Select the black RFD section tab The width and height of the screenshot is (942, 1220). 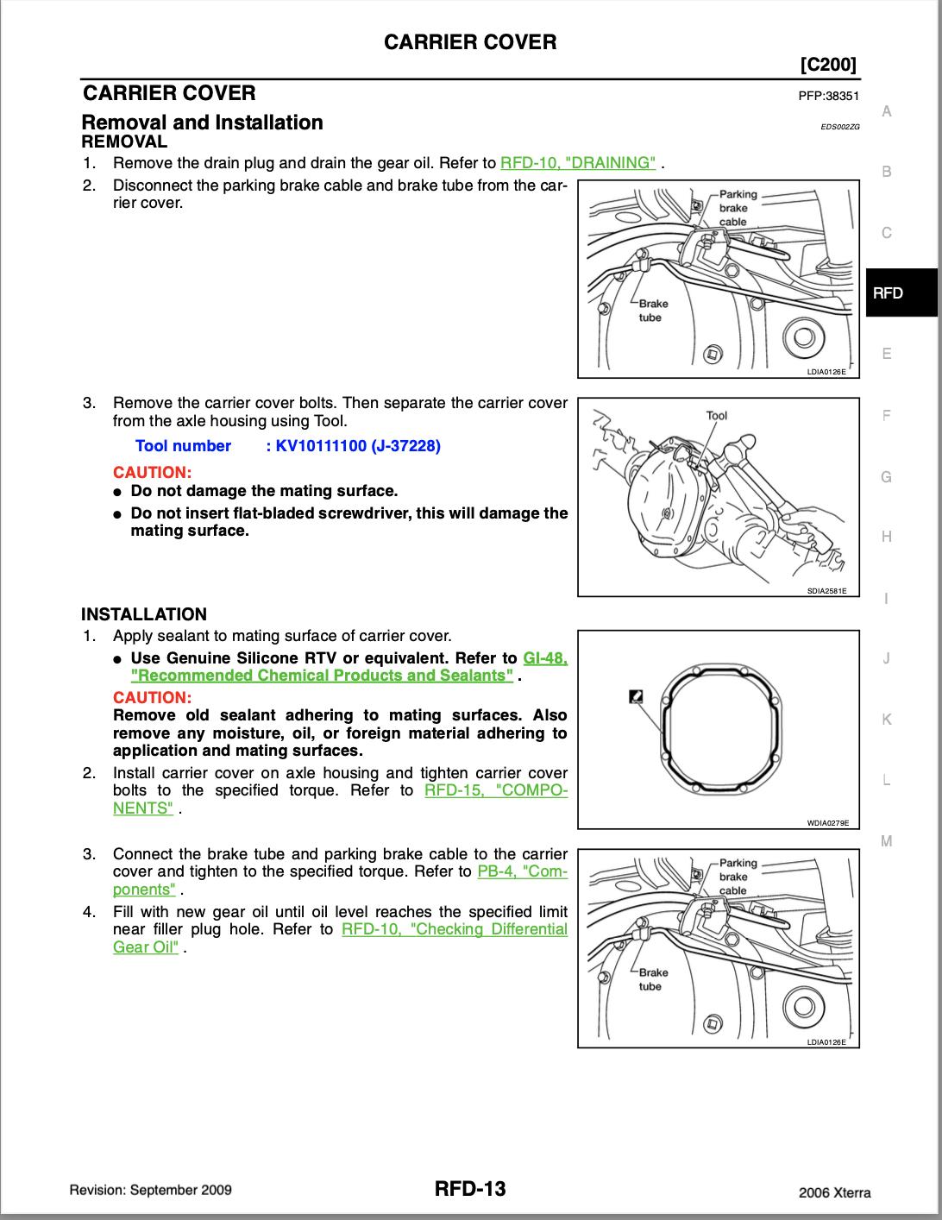pyautogui.click(x=901, y=292)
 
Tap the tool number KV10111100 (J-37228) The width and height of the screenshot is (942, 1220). pyautogui.click(x=354, y=446)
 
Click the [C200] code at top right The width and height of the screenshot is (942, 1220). pyautogui.click(x=829, y=65)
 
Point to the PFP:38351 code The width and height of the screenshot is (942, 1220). pyautogui.click(x=829, y=97)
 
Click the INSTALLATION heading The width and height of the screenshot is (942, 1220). pyautogui.click(x=144, y=614)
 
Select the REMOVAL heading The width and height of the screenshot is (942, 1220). pyautogui.click(x=124, y=141)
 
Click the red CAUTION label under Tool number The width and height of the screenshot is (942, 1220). pyautogui.click(x=152, y=472)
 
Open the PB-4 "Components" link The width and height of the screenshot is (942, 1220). pyautogui.click(x=522, y=871)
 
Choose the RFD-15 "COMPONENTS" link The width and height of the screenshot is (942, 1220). pyautogui.click(x=496, y=790)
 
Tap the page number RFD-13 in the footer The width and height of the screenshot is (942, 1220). pyautogui.click(x=470, y=1189)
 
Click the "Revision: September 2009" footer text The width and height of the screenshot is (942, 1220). pyautogui.click(x=150, y=1190)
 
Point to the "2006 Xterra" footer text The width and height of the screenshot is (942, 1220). pyautogui.click(x=834, y=1192)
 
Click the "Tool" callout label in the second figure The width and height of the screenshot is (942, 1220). pyautogui.click(x=716, y=415)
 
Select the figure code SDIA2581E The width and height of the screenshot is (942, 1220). pyautogui.click(x=826, y=591)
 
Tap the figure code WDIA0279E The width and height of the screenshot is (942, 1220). pyautogui.click(x=828, y=823)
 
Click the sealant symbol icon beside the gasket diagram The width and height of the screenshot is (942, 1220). pyautogui.click(x=635, y=695)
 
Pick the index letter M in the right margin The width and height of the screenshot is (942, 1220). pyautogui.click(x=886, y=841)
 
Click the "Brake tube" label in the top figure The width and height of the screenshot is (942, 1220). pyautogui.click(x=651, y=311)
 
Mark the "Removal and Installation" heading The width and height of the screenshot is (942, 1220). pyautogui.click(x=202, y=123)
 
